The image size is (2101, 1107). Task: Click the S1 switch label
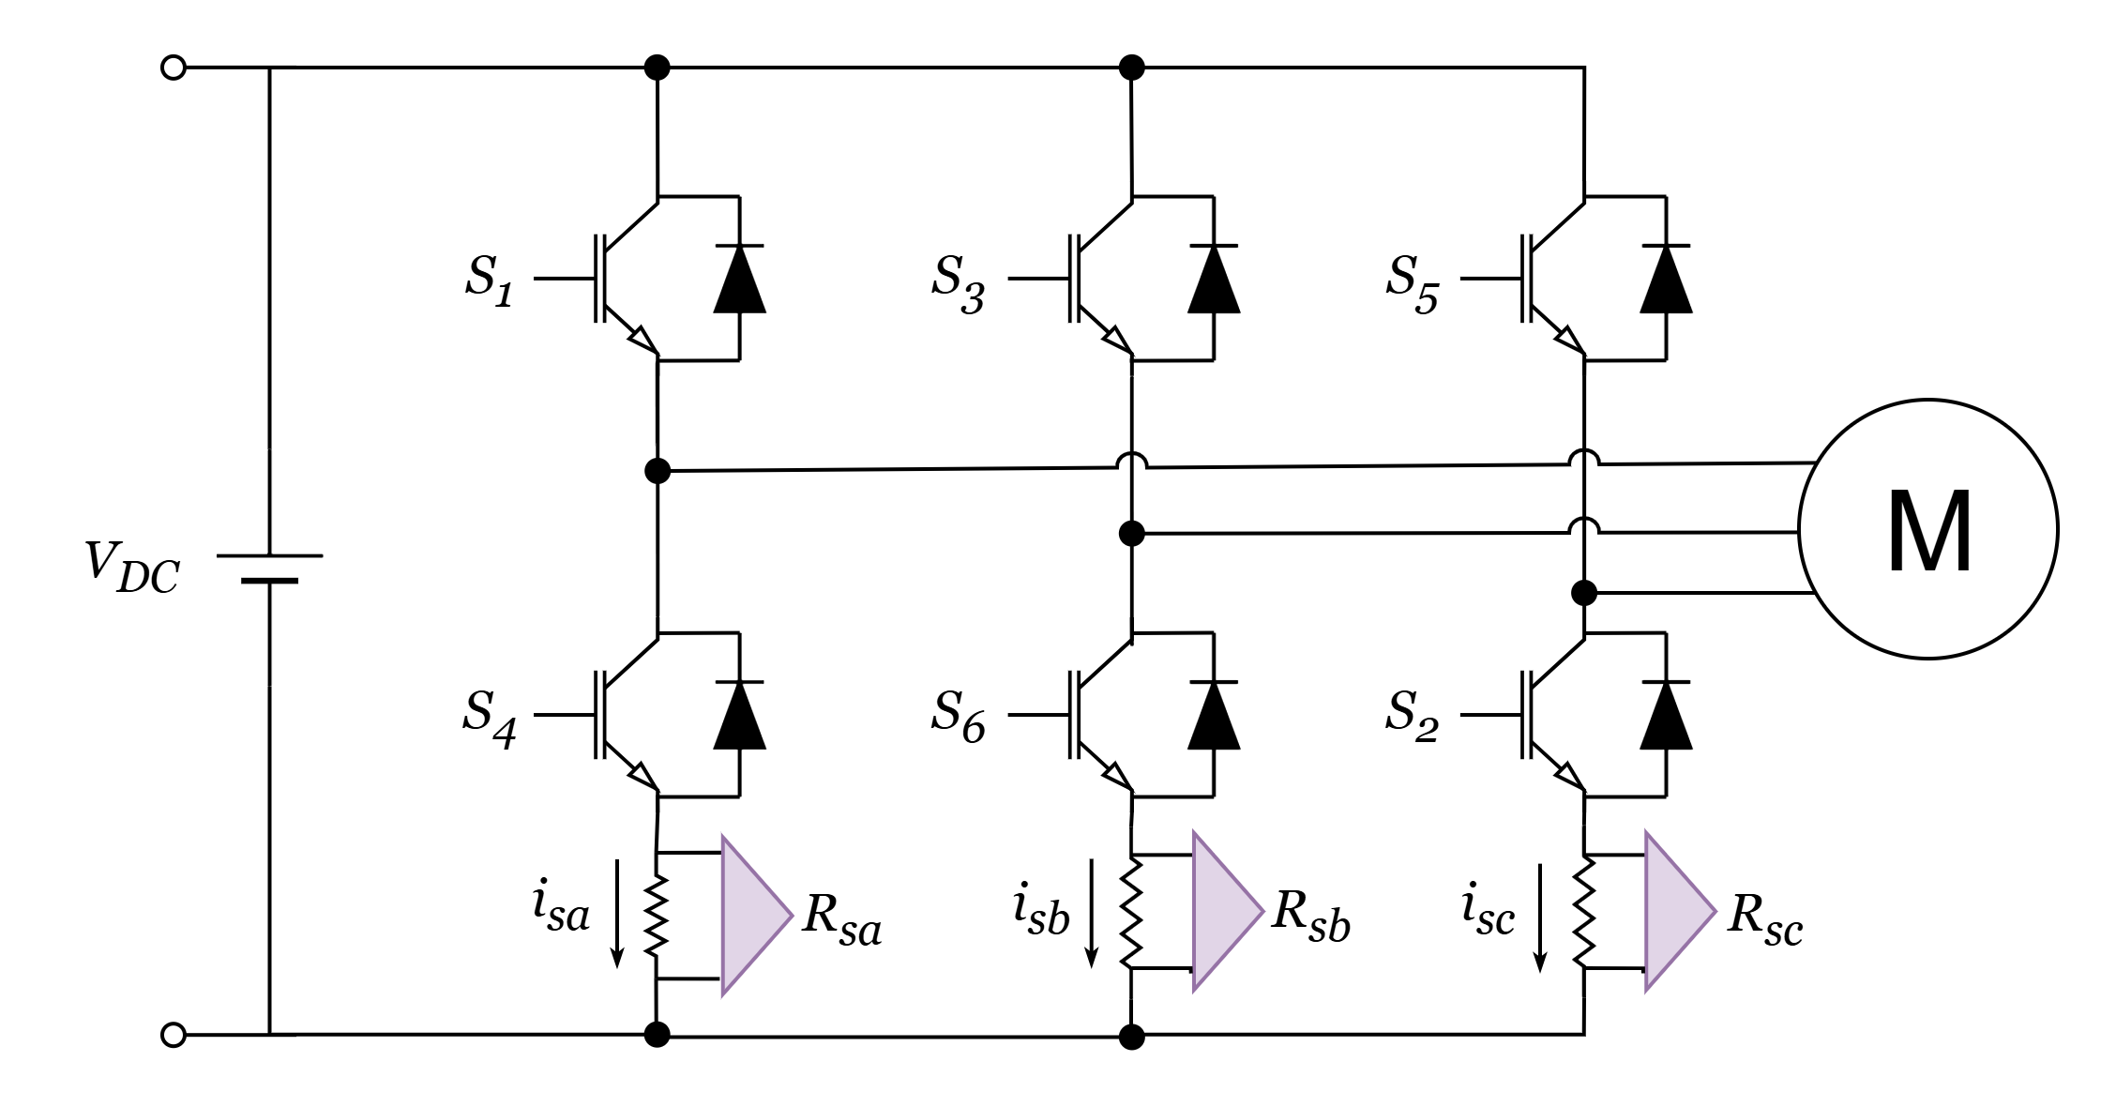(489, 281)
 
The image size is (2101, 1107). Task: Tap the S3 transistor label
(957, 282)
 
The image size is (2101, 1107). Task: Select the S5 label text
(1412, 282)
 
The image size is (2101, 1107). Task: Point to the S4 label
(489, 717)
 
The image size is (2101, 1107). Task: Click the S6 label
(957, 717)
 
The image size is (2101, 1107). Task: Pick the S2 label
(1412, 716)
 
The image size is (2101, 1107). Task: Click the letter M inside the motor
(1928, 531)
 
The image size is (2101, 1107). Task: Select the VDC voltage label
(131, 567)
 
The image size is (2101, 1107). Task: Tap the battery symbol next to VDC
(270, 569)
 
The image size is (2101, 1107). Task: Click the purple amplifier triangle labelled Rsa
(751, 915)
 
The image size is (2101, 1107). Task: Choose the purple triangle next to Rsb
(1222, 911)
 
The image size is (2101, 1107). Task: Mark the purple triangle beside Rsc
(1674, 911)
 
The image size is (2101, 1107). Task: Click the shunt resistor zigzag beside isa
(657, 915)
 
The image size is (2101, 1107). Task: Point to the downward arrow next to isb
(1091, 913)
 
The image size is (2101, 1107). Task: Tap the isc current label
(1488, 909)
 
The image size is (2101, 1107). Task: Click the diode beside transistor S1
(740, 279)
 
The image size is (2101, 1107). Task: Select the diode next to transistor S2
(1666, 715)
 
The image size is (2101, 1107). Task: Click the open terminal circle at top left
(174, 68)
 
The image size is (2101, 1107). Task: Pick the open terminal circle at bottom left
(174, 1035)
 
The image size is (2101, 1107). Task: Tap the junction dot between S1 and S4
(658, 470)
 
